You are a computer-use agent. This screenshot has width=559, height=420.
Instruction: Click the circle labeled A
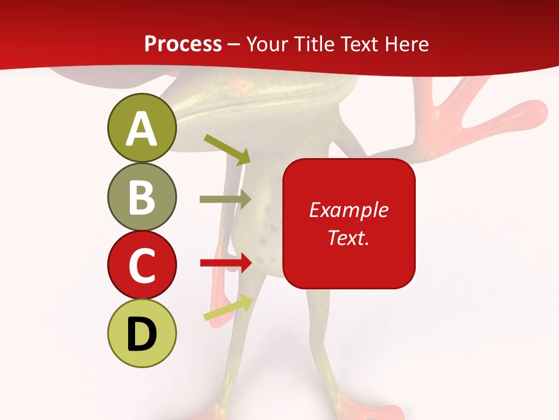tap(141, 128)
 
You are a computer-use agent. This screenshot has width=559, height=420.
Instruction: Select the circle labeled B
tap(141, 197)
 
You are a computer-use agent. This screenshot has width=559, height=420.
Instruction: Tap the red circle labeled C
tap(141, 265)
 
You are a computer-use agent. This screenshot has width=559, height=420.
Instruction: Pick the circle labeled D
tap(141, 333)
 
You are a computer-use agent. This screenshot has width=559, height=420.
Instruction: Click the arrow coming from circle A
tap(227, 149)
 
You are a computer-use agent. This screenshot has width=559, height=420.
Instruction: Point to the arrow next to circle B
tap(225, 199)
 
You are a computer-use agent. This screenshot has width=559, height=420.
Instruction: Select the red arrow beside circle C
tap(226, 262)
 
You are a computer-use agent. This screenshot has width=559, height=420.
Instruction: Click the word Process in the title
tap(183, 44)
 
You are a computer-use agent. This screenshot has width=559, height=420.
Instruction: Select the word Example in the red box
tap(348, 210)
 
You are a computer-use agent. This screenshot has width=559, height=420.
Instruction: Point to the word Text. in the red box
tap(348, 237)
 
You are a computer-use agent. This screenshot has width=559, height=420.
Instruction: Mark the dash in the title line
tap(234, 44)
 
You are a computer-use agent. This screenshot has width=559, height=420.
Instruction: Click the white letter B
tap(141, 197)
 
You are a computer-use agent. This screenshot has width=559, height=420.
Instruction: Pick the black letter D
tap(141, 334)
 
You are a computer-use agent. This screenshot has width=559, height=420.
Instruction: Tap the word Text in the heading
tap(358, 44)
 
